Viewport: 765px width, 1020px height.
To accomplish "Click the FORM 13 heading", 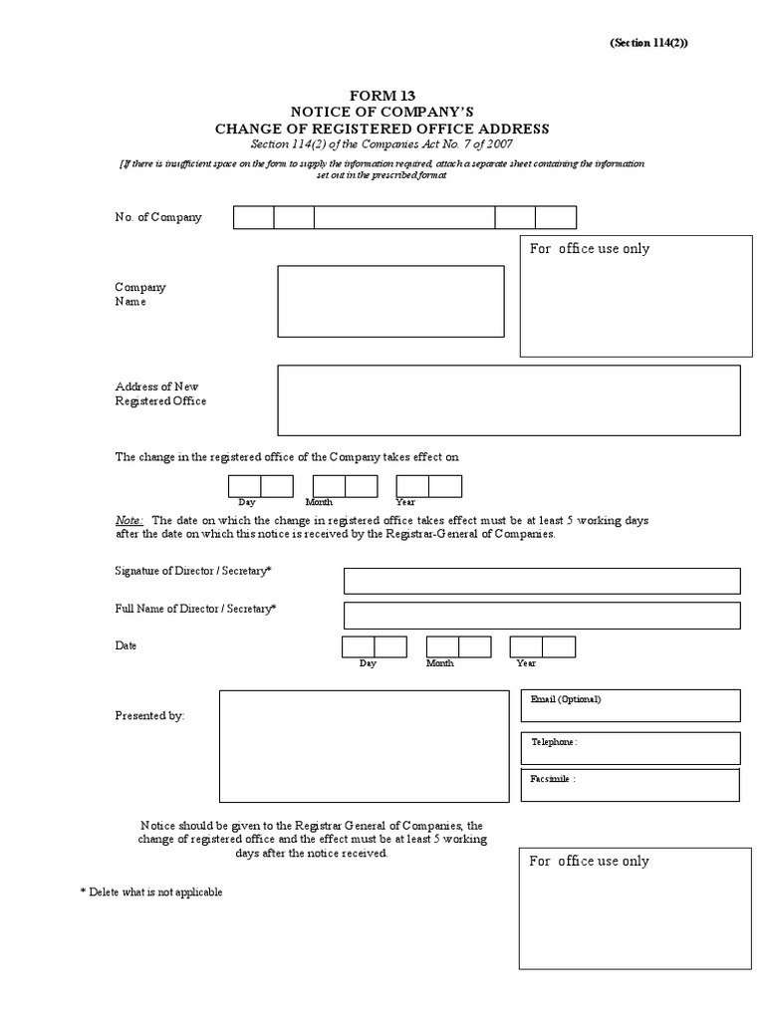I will coord(382,95).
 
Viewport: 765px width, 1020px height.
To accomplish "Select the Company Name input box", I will coord(390,301).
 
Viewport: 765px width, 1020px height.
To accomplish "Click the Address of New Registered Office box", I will coord(508,399).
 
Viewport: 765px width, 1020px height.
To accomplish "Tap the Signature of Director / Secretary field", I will coord(542,581).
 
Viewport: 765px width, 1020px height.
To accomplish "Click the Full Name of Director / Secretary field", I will coord(542,616).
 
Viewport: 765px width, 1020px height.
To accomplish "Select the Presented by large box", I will coord(364,746).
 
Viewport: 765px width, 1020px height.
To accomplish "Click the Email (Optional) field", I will coord(630,705).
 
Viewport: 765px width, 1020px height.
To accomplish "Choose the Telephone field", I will coord(630,748).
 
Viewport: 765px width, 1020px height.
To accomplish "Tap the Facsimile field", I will coord(630,785).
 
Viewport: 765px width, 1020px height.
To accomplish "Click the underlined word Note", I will coord(129,520).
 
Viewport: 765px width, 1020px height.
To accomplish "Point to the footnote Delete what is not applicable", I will coord(151,892).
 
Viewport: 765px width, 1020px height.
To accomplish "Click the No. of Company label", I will coord(158,217).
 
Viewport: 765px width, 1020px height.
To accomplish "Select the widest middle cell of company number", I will coord(404,217).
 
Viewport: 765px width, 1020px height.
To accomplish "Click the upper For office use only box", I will coord(636,296).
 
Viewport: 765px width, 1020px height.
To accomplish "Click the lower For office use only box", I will coord(636,908).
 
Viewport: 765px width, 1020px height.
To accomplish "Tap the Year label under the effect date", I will coord(405,503).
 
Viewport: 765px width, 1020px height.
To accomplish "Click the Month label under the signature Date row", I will coord(440,663).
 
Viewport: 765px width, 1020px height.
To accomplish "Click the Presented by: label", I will coord(149,715).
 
